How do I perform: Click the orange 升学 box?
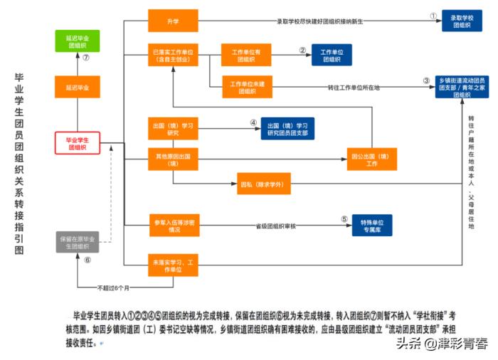click(172, 21)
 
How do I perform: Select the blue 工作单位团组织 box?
click(332, 55)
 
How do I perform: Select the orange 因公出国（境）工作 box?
click(372, 159)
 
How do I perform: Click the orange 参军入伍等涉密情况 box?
click(172, 226)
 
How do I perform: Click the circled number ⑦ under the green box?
click(85, 58)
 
